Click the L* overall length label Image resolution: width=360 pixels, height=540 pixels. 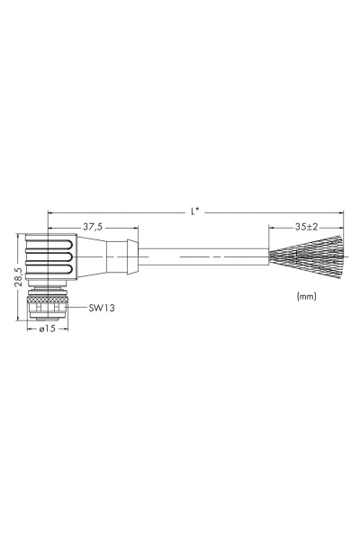(194, 211)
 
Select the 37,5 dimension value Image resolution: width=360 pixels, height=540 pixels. (93, 227)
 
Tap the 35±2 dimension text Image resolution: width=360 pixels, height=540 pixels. (306, 227)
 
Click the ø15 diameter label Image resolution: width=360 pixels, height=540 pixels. (47, 328)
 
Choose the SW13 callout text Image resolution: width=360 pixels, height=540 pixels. (102, 308)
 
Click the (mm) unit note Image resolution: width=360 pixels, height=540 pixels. (306, 296)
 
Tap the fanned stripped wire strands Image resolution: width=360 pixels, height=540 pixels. (306, 256)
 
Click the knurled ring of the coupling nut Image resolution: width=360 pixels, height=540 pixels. (48, 295)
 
